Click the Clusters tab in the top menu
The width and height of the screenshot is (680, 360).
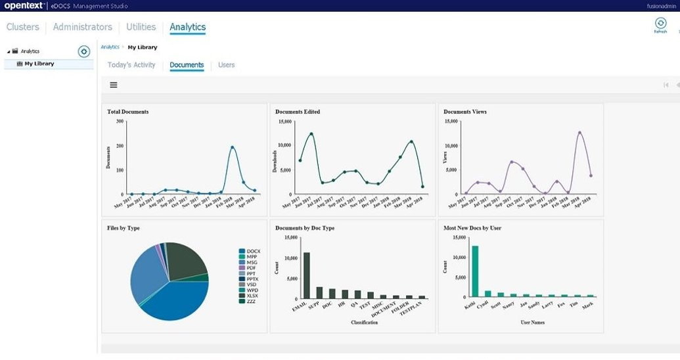pyautogui.click(x=23, y=27)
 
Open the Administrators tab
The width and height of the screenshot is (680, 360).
pyautogui.click(x=82, y=27)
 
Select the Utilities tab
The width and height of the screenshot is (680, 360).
pyautogui.click(x=141, y=27)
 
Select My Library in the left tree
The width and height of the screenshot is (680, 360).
pyautogui.click(x=39, y=64)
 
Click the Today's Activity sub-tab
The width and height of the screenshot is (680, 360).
pyautogui.click(x=131, y=65)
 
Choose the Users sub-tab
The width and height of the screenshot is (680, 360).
pyautogui.click(x=226, y=65)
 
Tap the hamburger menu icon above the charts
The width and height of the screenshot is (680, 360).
pyautogui.click(x=114, y=85)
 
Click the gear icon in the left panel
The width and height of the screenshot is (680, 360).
pyautogui.click(x=84, y=51)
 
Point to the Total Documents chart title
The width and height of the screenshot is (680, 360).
pyautogui.click(x=128, y=112)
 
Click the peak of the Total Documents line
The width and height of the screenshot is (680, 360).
pyautogui.click(x=233, y=147)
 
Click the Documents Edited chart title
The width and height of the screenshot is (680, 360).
pyautogui.click(x=298, y=112)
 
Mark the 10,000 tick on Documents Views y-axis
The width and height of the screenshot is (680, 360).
pyautogui.click(x=450, y=145)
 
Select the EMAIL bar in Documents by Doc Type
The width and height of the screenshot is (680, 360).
pyautogui.click(x=306, y=275)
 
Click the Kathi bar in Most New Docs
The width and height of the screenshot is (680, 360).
pyautogui.click(x=474, y=272)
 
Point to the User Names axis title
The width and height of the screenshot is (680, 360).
pyautogui.click(x=532, y=323)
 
